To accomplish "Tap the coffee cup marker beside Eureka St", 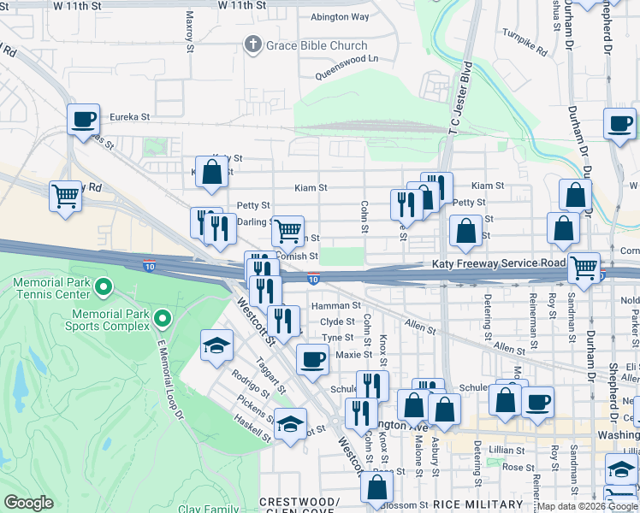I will tap(84, 119).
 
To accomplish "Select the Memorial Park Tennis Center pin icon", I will tap(104, 286).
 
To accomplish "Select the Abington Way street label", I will tap(340, 17).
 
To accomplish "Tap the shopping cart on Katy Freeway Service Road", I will tap(584, 267).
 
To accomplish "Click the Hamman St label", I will tap(335, 305).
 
